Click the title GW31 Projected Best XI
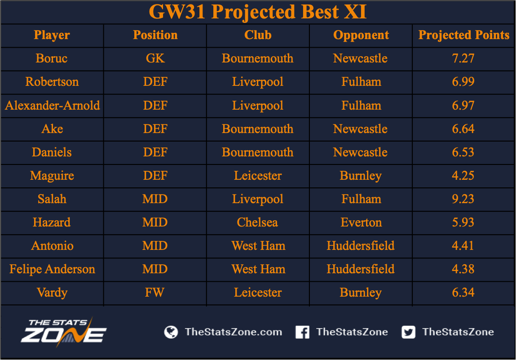point(258,12)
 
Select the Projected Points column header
point(463,35)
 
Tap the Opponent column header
point(361,35)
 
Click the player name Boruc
point(52,58)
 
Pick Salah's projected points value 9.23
point(463,199)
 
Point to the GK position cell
point(155,58)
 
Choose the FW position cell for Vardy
point(154,293)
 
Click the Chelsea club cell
point(257,222)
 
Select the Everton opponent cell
point(361,222)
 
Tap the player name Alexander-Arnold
point(53,106)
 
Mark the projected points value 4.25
point(463,176)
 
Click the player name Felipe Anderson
point(52,269)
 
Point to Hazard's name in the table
point(52,222)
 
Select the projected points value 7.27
point(463,58)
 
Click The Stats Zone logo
point(63,332)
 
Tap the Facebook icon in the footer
point(302,332)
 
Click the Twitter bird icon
point(408,332)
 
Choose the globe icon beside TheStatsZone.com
point(171,332)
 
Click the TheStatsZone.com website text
point(234,332)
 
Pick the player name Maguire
point(52,176)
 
